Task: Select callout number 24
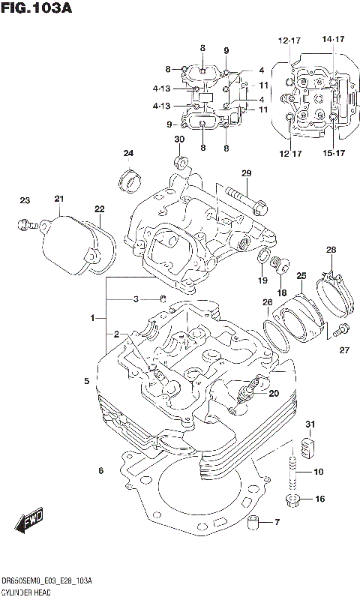pos(128,154)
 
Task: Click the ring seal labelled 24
pos(130,179)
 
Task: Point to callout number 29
pos(246,174)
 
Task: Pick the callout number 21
pos(59,198)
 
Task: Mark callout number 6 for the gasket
pos(99,470)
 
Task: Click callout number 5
pos(87,382)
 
